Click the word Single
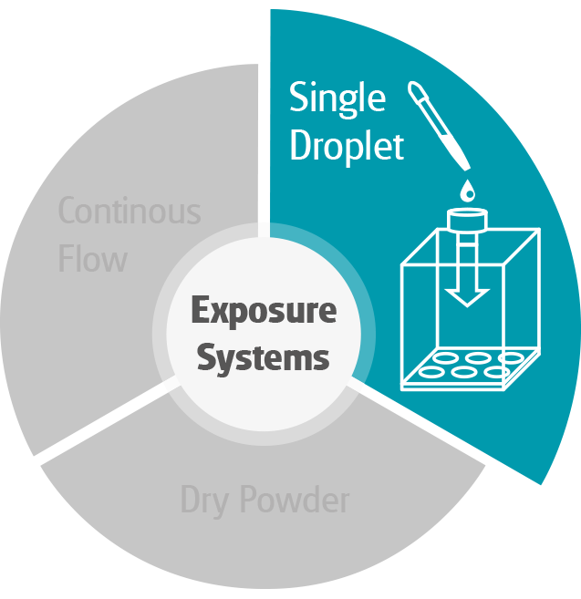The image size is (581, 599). coord(337,99)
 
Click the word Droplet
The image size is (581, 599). coord(347,146)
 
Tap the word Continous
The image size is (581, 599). coord(130,212)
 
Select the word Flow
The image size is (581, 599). coord(92,259)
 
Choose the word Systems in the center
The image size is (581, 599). coord(264,357)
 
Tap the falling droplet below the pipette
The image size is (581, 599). coord(467,190)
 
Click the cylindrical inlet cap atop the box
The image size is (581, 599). coord(468,220)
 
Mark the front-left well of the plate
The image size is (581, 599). coord(432,372)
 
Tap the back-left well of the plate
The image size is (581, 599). coord(447,356)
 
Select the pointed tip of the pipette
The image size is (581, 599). coord(468,168)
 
